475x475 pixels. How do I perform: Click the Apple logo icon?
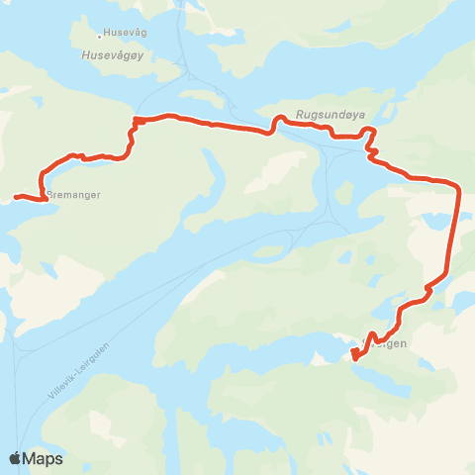click(x=16, y=458)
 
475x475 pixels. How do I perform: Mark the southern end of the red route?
click(x=355, y=359)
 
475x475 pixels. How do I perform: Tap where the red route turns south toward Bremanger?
click(x=133, y=123)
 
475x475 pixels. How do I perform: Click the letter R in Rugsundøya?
click(x=299, y=113)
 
